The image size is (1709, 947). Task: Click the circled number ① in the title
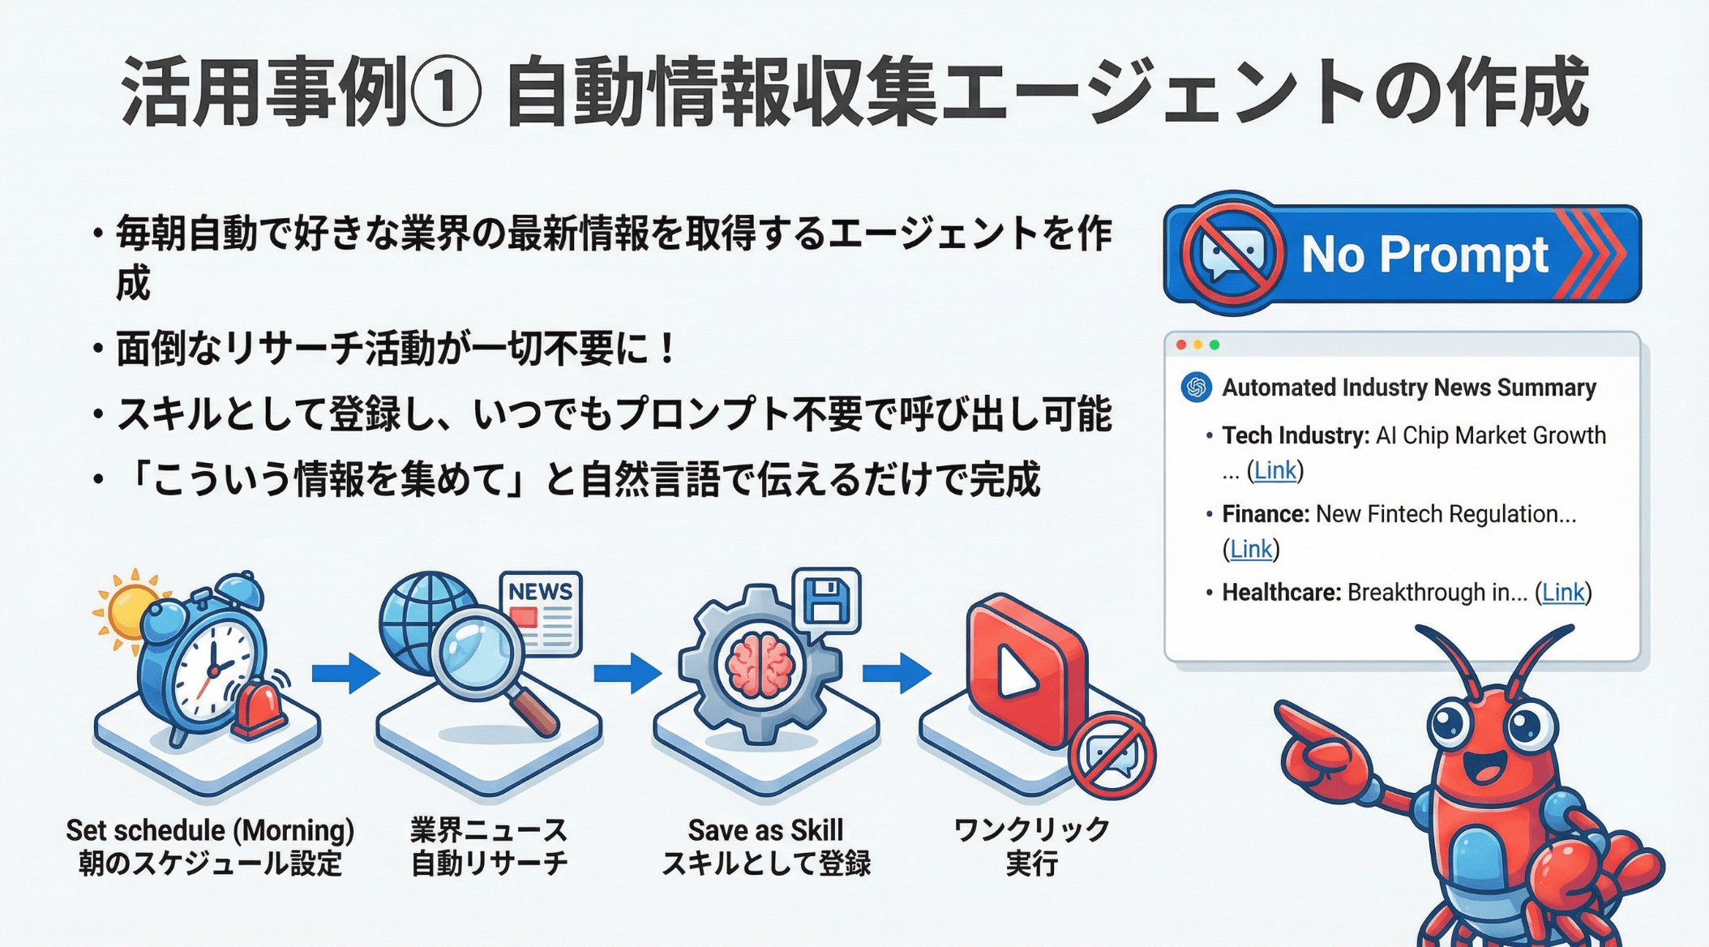point(447,92)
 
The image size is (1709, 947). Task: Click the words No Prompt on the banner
point(1424,255)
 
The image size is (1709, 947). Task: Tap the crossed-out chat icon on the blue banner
point(1232,255)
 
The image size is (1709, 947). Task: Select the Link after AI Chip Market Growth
point(1274,470)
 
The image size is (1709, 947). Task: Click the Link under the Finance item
point(1250,550)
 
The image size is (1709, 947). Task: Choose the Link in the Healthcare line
point(1562,593)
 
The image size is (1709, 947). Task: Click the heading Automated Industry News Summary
point(1408,388)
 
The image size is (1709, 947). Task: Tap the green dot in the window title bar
point(1214,345)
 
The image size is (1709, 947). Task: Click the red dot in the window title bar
point(1181,345)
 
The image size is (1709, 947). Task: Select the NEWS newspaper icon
point(541,612)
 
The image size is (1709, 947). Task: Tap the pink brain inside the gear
point(760,664)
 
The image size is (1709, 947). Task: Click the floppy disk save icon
point(826,601)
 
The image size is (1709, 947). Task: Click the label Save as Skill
point(765,830)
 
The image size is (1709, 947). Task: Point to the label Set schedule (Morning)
point(210,830)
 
